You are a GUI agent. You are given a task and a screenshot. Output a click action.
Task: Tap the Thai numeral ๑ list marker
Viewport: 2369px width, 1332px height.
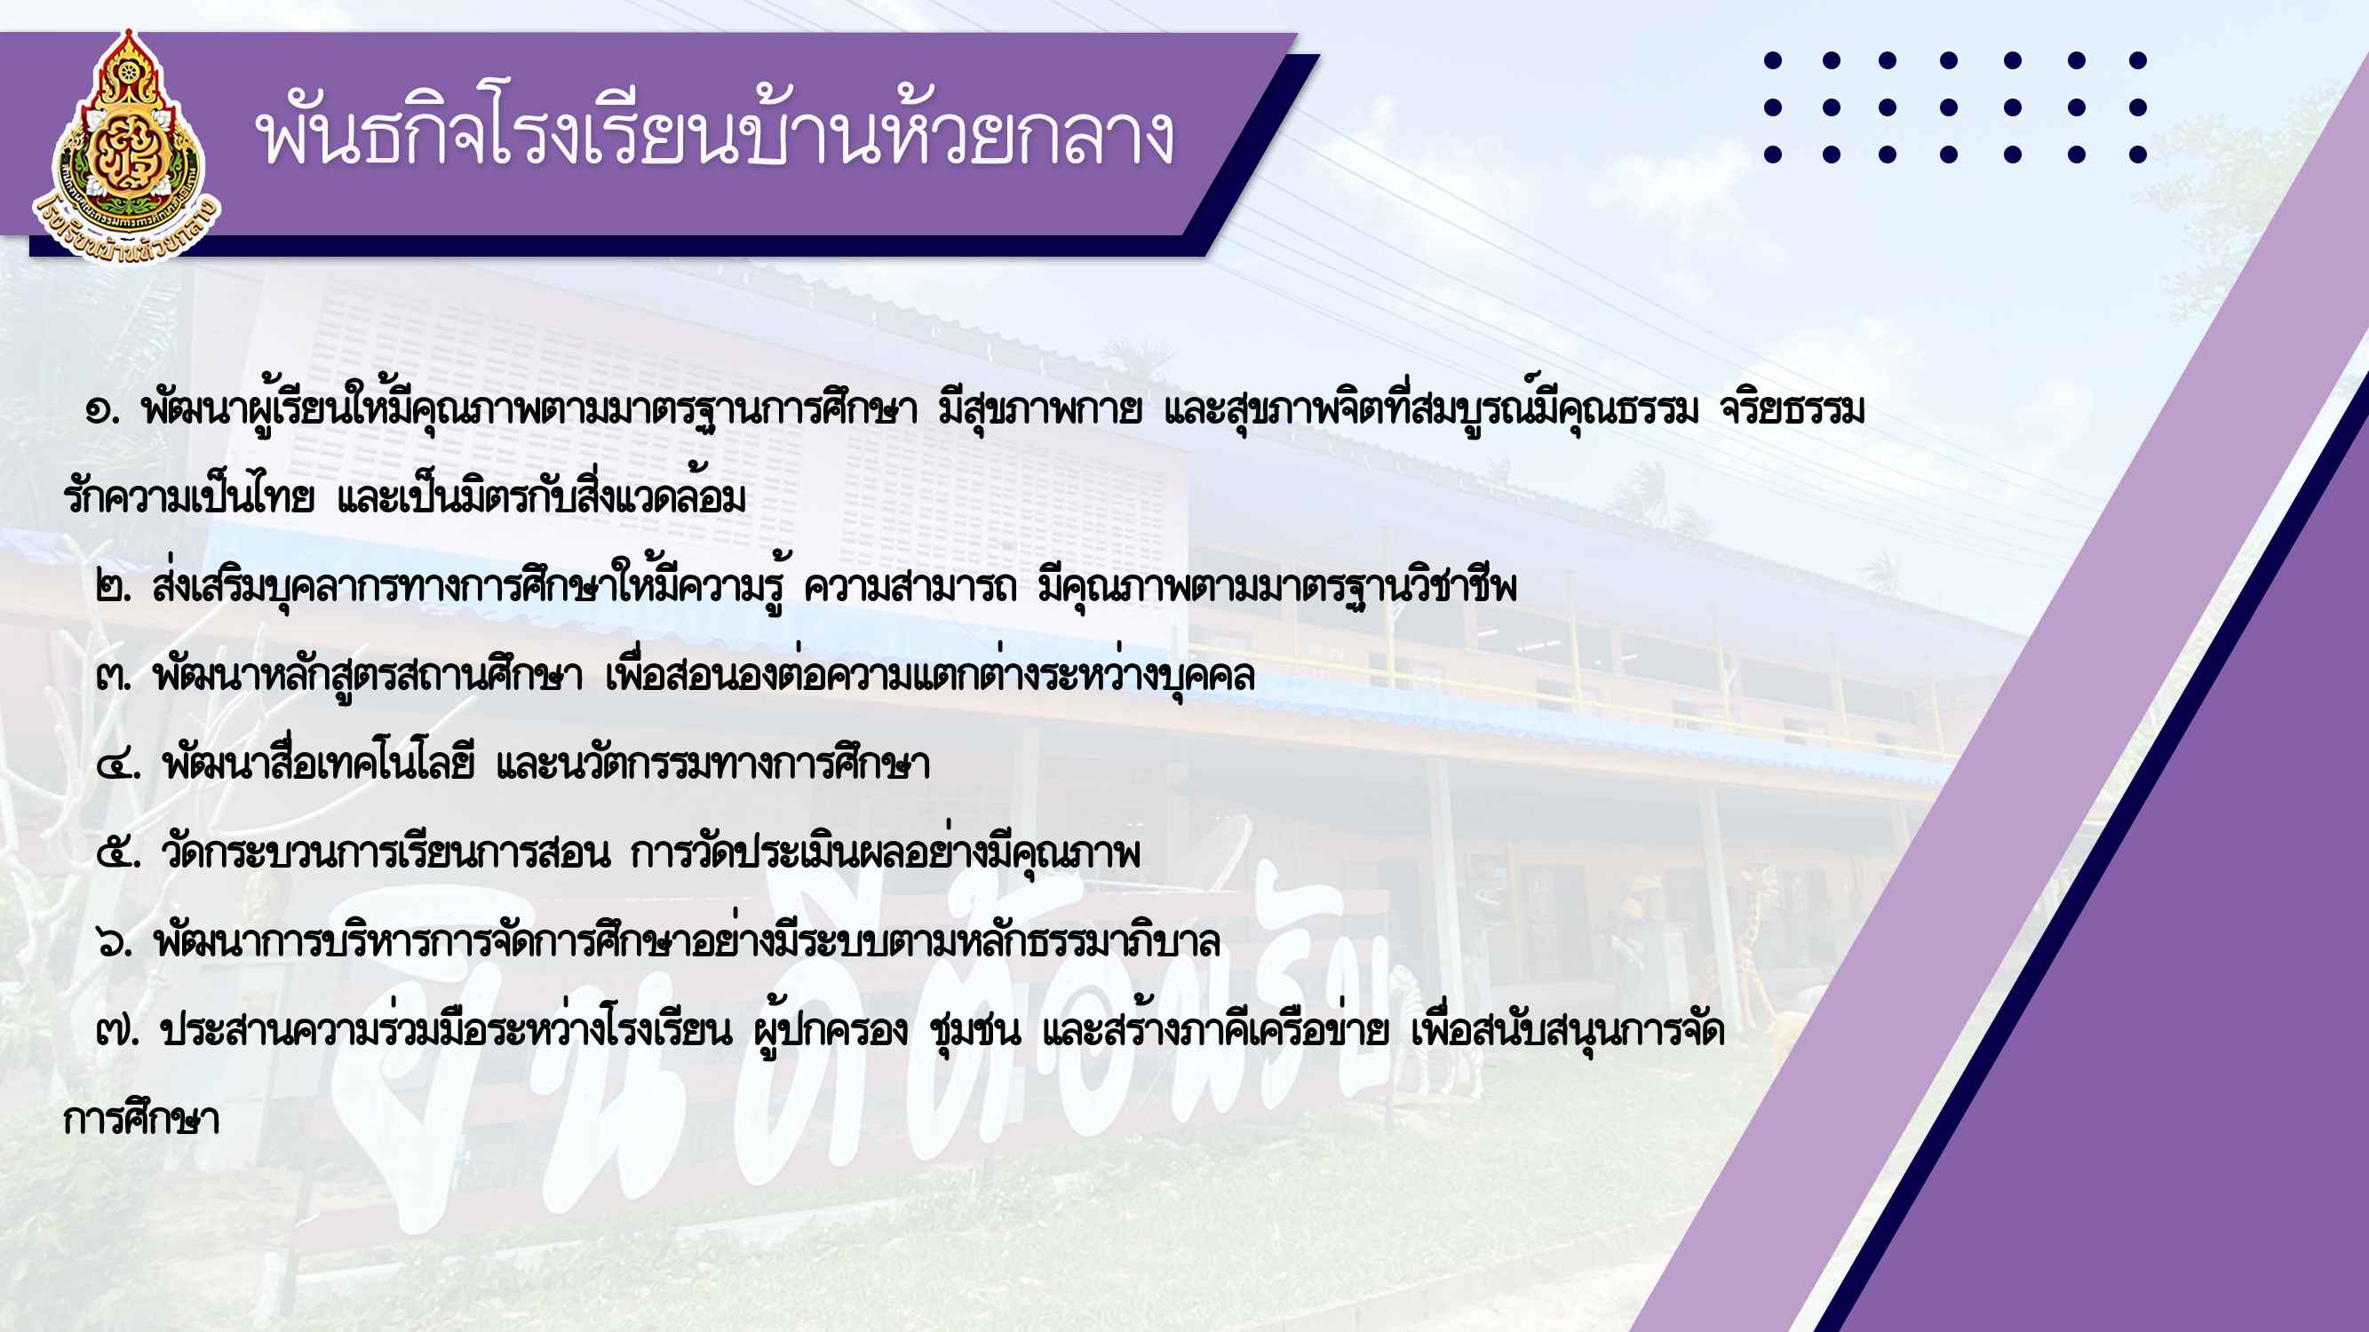click(x=100, y=410)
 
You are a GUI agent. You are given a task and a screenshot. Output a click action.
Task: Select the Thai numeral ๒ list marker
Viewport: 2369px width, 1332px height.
click(x=113, y=589)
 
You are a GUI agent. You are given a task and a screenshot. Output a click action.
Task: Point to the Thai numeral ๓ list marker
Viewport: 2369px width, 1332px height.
click(x=113, y=678)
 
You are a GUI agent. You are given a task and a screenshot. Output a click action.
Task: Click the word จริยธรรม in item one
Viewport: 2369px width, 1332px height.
click(x=1793, y=410)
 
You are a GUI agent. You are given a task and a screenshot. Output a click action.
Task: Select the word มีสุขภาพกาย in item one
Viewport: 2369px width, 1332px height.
click(x=1040, y=410)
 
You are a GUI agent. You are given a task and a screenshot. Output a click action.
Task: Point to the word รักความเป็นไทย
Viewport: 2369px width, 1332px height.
click(x=189, y=497)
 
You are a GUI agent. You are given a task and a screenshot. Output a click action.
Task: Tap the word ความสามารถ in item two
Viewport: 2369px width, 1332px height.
click(x=910, y=587)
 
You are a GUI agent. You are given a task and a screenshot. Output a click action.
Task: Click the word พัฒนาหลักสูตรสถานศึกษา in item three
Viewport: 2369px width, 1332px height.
click(x=368, y=676)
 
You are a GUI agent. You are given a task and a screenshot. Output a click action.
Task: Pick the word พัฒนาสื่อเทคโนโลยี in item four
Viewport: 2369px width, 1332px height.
click(x=318, y=764)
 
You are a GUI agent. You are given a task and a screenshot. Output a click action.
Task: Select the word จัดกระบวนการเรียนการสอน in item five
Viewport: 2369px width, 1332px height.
click(x=386, y=852)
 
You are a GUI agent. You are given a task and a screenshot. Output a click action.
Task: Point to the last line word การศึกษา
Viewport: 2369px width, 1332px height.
click(x=141, y=1119)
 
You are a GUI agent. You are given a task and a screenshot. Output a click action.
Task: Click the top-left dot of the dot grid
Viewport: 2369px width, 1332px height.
click(x=1773, y=60)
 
